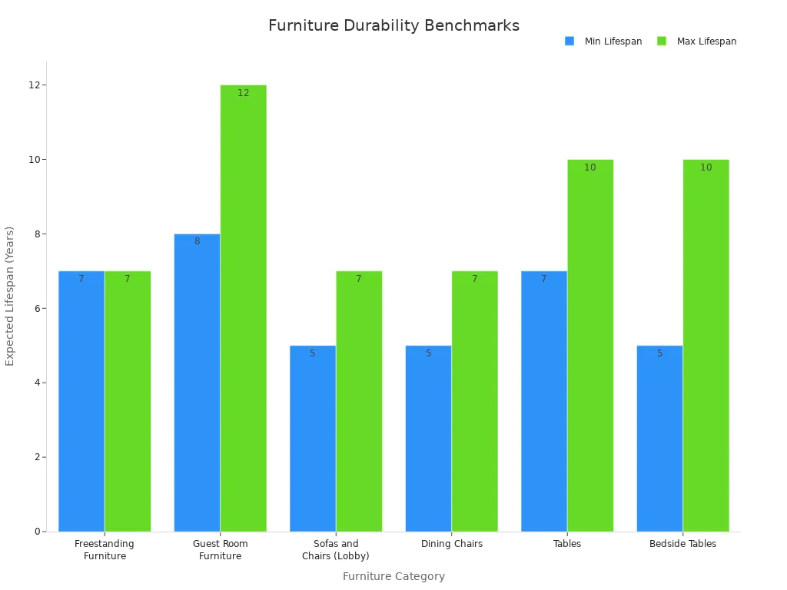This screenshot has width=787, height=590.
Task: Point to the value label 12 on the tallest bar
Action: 243,93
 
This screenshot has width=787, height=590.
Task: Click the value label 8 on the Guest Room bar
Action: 197,241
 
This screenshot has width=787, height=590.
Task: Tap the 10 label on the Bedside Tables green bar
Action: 706,167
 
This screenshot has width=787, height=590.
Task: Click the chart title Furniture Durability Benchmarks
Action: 393,26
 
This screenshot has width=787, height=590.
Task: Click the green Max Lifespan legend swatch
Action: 662,41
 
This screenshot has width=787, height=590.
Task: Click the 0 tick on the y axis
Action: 37,532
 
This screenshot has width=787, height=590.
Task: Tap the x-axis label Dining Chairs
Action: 452,544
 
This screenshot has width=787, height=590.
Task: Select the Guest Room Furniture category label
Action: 220,550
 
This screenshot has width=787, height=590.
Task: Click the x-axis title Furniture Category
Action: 393,576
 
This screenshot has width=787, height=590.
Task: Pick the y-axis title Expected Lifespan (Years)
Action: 10,296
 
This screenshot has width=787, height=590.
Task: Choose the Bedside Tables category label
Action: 682,544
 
